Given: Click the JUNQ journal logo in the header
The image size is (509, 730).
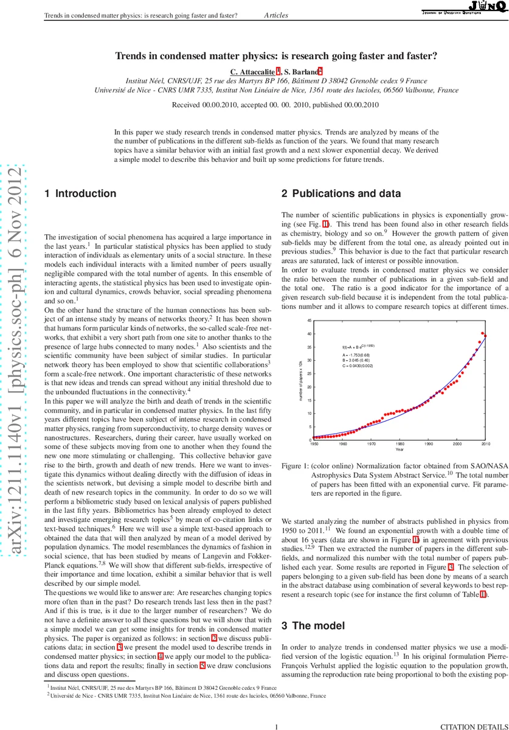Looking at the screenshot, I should pyautogui.click(x=465, y=8).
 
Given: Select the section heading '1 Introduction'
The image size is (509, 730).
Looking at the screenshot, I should pyautogui.click(x=80, y=194).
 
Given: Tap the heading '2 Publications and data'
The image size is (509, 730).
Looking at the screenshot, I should pyautogui.click(x=341, y=194).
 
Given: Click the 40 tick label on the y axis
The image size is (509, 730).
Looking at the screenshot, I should pyautogui.click(x=310, y=334).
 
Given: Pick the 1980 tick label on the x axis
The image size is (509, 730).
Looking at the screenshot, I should pyautogui.click(x=400, y=444).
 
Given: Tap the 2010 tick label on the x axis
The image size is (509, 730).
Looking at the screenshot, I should pyautogui.click(x=486, y=444).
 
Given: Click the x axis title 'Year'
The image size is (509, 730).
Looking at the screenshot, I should pyautogui.click(x=400, y=450).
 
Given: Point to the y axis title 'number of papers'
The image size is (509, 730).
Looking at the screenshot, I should pyautogui.click(x=301, y=381).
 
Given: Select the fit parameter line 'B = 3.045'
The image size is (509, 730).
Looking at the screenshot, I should pyautogui.click(x=359, y=360).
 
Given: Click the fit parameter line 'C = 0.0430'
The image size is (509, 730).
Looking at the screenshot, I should pyautogui.click(x=360, y=366).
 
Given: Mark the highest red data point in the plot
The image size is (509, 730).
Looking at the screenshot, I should pyautogui.click(x=483, y=333).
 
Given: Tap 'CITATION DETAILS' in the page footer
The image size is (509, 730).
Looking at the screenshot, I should pyautogui.click(x=473, y=726).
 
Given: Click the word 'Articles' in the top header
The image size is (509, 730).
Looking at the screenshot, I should pyautogui.click(x=276, y=15).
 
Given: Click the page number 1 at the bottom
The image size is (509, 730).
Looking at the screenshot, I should pyautogui.click(x=277, y=726).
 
